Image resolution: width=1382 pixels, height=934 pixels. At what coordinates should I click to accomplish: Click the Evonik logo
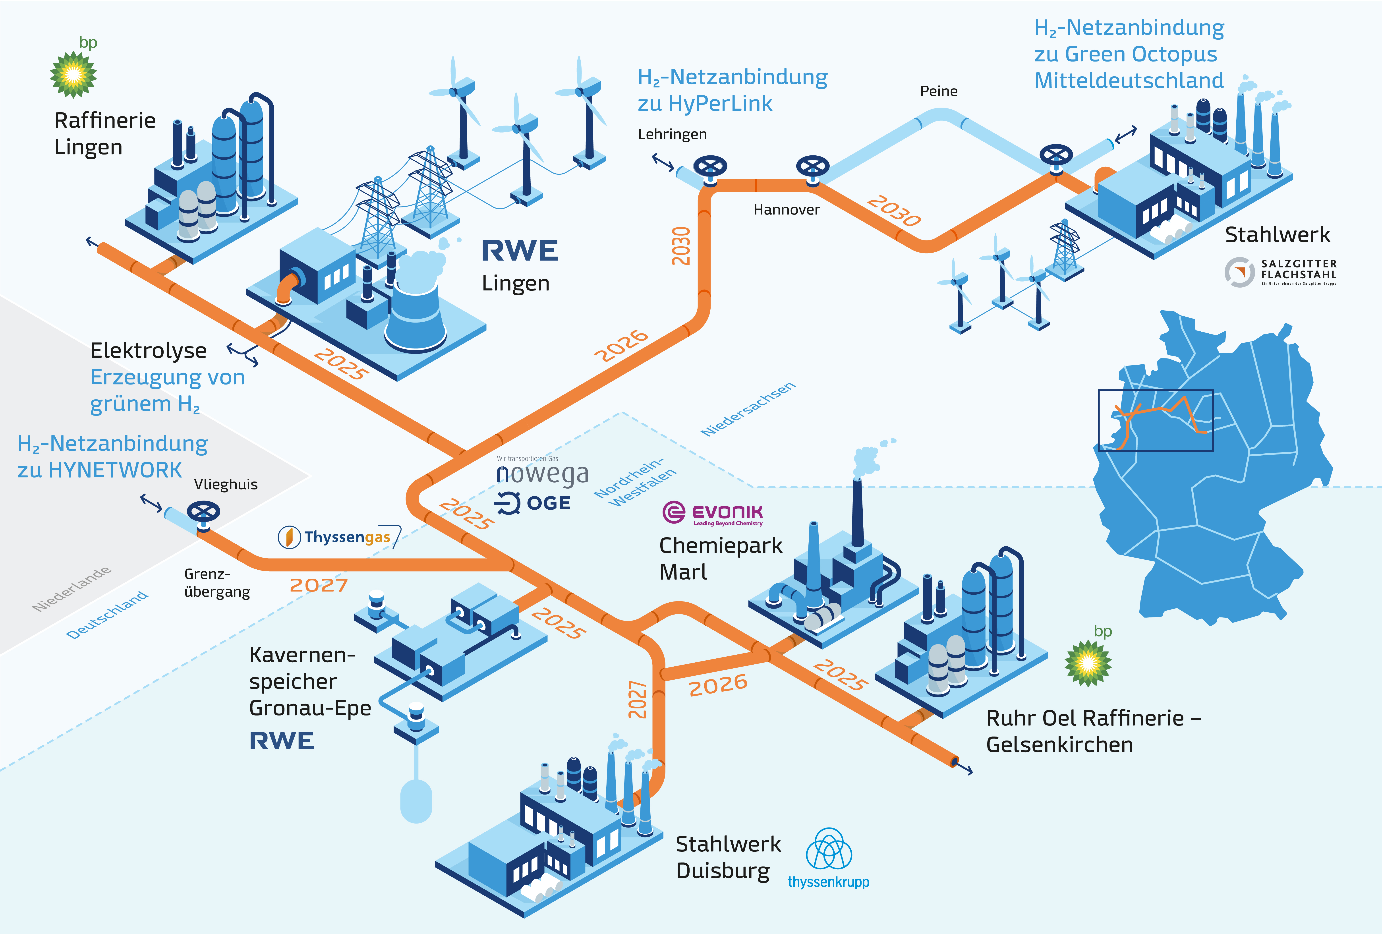tap(712, 513)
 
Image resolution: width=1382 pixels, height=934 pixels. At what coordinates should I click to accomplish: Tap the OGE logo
tap(533, 503)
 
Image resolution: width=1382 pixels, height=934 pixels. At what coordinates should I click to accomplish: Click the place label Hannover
tap(786, 210)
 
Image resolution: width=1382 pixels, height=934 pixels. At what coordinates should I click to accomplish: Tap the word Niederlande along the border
tap(71, 589)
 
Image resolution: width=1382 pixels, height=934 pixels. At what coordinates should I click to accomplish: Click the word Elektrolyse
tap(148, 351)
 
